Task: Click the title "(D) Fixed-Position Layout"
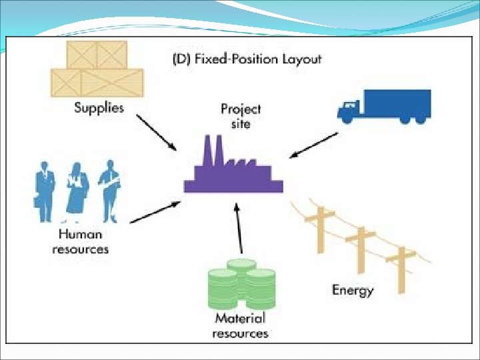247,59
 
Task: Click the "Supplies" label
99,107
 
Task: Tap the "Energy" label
353,290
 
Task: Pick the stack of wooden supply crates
97,68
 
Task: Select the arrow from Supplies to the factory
156,131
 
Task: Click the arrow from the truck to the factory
313,145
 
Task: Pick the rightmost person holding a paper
108,190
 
